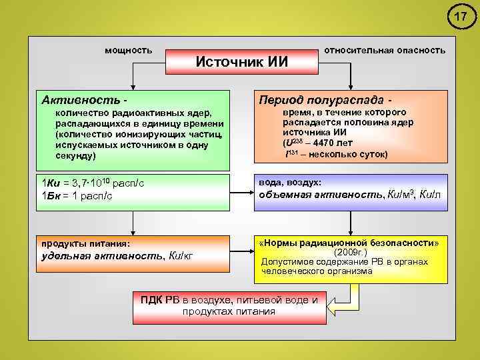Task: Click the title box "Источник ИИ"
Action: tap(241, 62)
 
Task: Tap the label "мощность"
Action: tap(129, 50)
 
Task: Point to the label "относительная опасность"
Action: tap(385, 50)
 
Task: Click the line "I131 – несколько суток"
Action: tap(337, 154)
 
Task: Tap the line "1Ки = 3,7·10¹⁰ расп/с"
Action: tap(93, 183)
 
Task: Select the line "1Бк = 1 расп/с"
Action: tap(77, 195)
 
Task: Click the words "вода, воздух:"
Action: tap(290, 182)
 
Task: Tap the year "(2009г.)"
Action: tap(349, 253)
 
